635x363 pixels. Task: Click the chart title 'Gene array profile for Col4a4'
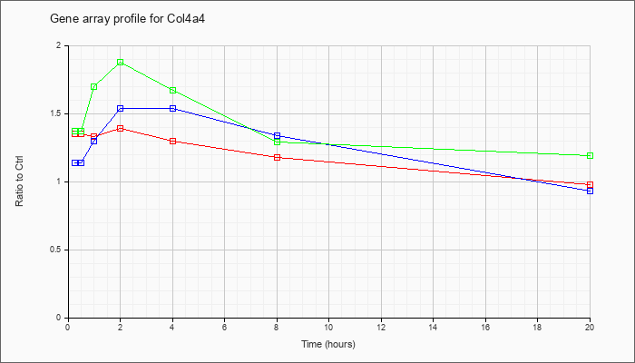pos(128,19)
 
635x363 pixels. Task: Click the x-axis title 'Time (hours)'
pos(328,344)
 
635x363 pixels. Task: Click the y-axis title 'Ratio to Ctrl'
pos(19,181)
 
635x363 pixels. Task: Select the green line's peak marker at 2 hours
pos(121,63)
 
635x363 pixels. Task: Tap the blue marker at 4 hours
pos(173,109)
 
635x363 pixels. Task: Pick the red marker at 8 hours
pos(278,157)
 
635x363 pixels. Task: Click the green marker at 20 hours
pos(590,155)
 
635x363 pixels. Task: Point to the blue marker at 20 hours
pos(590,191)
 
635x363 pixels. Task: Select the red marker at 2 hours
pos(121,129)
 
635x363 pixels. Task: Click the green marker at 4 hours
pos(173,91)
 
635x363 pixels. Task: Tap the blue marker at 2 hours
pos(121,109)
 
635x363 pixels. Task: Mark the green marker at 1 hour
pos(94,87)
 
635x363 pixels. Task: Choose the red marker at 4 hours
pos(173,141)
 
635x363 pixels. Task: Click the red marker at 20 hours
pos(590,185)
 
